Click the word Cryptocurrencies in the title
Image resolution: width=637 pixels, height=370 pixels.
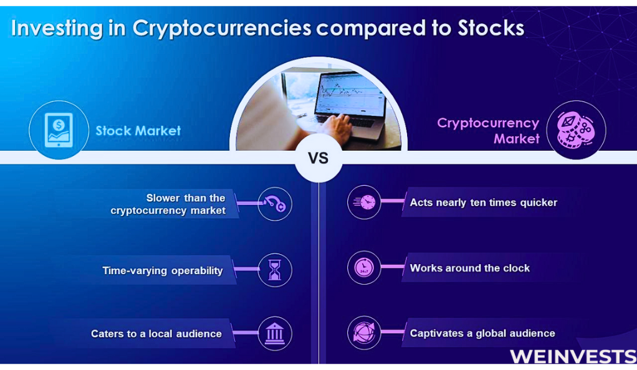(222, 29)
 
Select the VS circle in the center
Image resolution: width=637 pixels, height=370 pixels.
(318, 158)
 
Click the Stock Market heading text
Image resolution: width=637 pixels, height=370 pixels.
(138, 131)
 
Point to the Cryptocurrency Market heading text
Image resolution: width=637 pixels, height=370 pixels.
(488, 131)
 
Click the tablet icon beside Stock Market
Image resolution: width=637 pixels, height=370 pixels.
(59, 130)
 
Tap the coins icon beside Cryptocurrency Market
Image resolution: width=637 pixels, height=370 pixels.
(576, 130)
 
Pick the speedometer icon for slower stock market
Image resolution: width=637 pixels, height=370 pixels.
(275, 204)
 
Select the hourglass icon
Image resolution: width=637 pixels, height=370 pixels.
(275, 270)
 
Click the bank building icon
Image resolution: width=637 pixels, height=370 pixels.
(275, 333)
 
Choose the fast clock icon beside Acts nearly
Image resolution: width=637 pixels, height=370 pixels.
(364, 202)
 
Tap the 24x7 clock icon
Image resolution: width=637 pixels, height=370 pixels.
(364, 268)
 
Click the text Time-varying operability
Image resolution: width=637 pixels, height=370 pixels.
(163, 271)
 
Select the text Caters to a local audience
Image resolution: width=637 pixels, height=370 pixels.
(156, 334)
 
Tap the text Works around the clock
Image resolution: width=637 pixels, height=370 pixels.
(469, 268)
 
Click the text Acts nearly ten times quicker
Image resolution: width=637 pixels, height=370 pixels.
(484, 202)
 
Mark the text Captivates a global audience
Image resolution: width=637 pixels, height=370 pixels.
(482, 333)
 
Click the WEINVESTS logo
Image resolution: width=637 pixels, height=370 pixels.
(573, 356)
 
